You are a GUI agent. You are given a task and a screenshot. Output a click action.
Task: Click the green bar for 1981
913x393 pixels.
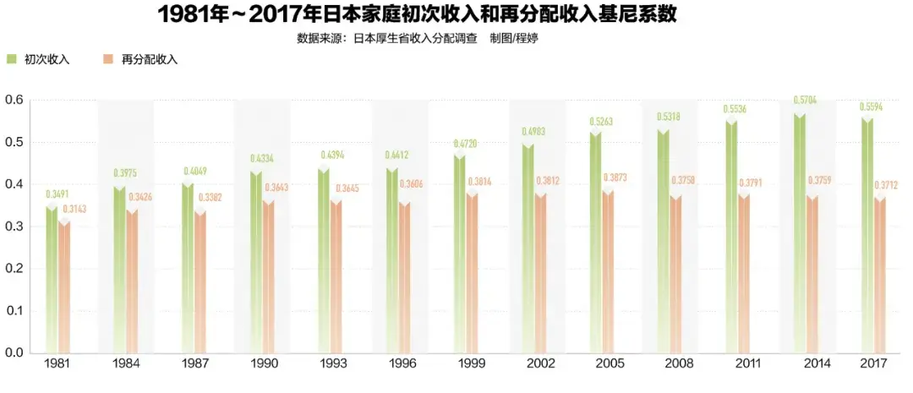(x=52, y=279)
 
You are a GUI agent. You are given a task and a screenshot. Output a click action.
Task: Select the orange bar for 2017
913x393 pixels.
(x=879, y=275)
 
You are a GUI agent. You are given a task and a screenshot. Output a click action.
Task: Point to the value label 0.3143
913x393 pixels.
(x=74, y=208)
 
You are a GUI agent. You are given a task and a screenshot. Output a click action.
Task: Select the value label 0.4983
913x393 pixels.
(x=533, y=131)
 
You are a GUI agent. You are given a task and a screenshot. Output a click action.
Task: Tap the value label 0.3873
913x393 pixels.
(x=615, y=177)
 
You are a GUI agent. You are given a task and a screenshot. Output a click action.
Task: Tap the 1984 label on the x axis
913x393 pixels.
(x=126, y=363)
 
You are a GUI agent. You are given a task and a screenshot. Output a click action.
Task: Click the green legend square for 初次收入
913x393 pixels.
(x=12, y=59)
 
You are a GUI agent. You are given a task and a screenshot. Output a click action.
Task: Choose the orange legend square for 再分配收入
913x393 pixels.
(x=108, y=59)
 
